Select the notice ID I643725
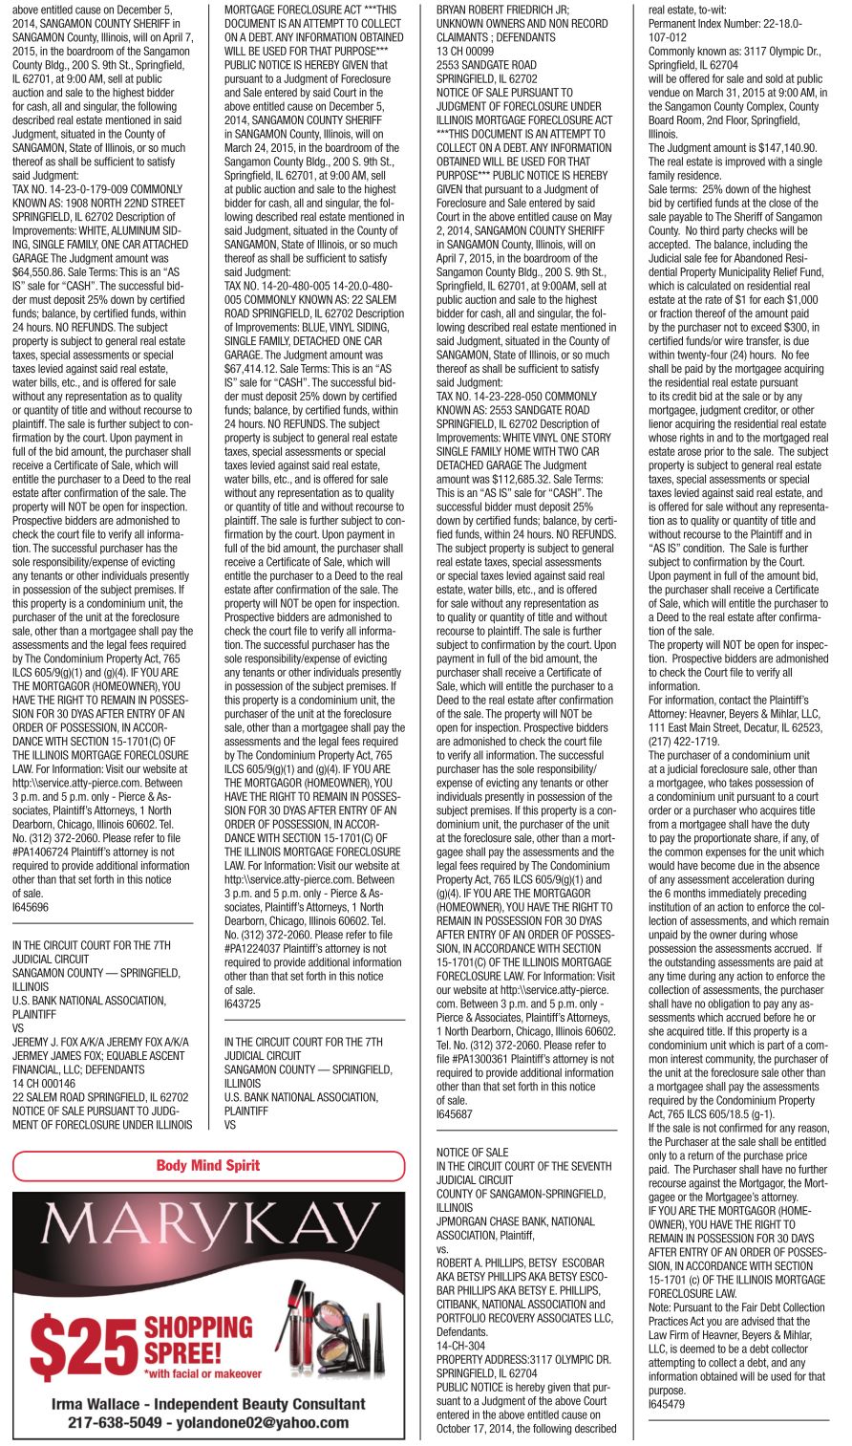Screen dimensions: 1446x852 (244, 1004)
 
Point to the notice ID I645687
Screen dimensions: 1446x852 (455, 1114)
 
